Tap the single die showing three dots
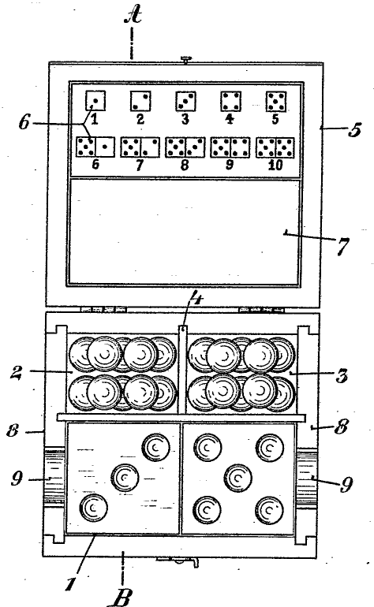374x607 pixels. coord(185,101)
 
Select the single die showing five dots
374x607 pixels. coord(276,102)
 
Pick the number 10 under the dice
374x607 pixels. coord(275,166)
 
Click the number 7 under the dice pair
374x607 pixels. coord(139,165)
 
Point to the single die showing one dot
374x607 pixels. coord(95,101)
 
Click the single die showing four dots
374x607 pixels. coord(230,101)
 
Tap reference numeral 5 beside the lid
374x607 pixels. coord(354,129)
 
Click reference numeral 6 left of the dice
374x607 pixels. coord(24,122)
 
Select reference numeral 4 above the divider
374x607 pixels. coord(198,298)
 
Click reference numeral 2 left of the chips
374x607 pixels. coord(17,372)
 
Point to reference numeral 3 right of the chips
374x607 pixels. coord(342,375)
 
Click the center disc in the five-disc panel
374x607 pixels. coord(237,478)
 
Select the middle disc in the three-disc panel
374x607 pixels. coord(125,477)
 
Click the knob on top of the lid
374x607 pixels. coord(186,59)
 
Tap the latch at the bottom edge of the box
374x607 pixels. coord(178,562)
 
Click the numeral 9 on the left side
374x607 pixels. coord(17,479)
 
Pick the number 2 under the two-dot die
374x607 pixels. coord(140,119)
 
